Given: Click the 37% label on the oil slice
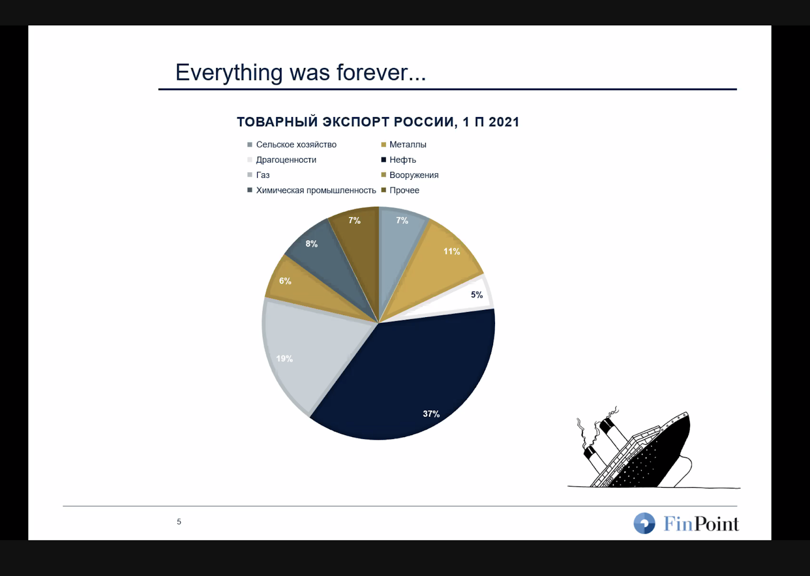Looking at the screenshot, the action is click(431, 413).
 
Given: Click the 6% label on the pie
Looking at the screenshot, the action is click(285, 281).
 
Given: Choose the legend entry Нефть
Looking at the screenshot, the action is click(399, 160).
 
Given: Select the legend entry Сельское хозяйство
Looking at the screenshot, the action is click(292, 144).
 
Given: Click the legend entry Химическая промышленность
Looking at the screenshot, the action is click(312, 190).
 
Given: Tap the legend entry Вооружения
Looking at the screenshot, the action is click(410, 175).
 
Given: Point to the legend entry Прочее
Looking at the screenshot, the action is click(400, 190).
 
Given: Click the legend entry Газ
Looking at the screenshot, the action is click(259, 175).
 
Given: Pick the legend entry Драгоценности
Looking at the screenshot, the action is click(281, 160).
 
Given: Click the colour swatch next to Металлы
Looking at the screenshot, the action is click(384, 145).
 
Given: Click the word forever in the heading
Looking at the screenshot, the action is click(381, 72).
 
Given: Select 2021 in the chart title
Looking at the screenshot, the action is click(504, 122).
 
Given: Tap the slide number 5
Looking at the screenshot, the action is click(179, 522).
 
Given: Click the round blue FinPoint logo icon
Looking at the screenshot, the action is click(644, 523).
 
